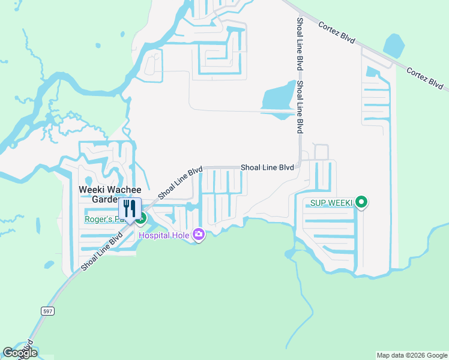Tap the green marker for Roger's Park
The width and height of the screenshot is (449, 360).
click(x=141, y=218)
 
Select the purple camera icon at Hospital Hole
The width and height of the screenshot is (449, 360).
click(x=198, y=235)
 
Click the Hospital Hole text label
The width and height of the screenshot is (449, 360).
click(x=164, y=235)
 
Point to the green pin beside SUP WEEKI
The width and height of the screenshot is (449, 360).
click(x=361, y=203)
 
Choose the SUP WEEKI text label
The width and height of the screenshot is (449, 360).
click(x=330, y=203)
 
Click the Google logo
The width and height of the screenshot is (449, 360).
click(x=19, y=353)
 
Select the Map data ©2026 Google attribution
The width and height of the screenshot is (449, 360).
click(x=411, y=355)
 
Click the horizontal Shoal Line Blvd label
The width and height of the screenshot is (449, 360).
click(x=267, y=167)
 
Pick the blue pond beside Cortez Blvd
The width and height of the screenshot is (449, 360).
click(x=394, y=45)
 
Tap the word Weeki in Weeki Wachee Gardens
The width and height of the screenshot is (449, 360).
click(x=91, y=190)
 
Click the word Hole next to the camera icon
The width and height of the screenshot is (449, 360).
click(x=181, y=235)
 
